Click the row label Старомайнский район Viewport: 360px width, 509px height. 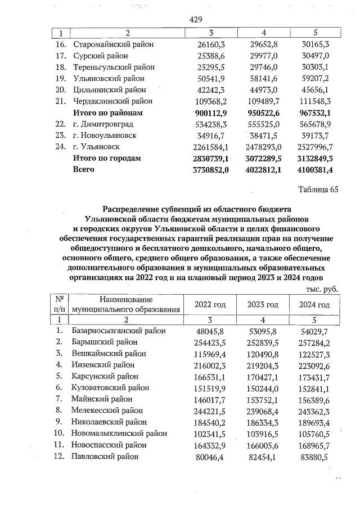[113, 44]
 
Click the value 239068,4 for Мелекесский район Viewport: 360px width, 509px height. [263, 411]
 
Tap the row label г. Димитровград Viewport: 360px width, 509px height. [105, 124]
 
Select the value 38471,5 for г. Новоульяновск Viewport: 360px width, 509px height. [263, 136]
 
